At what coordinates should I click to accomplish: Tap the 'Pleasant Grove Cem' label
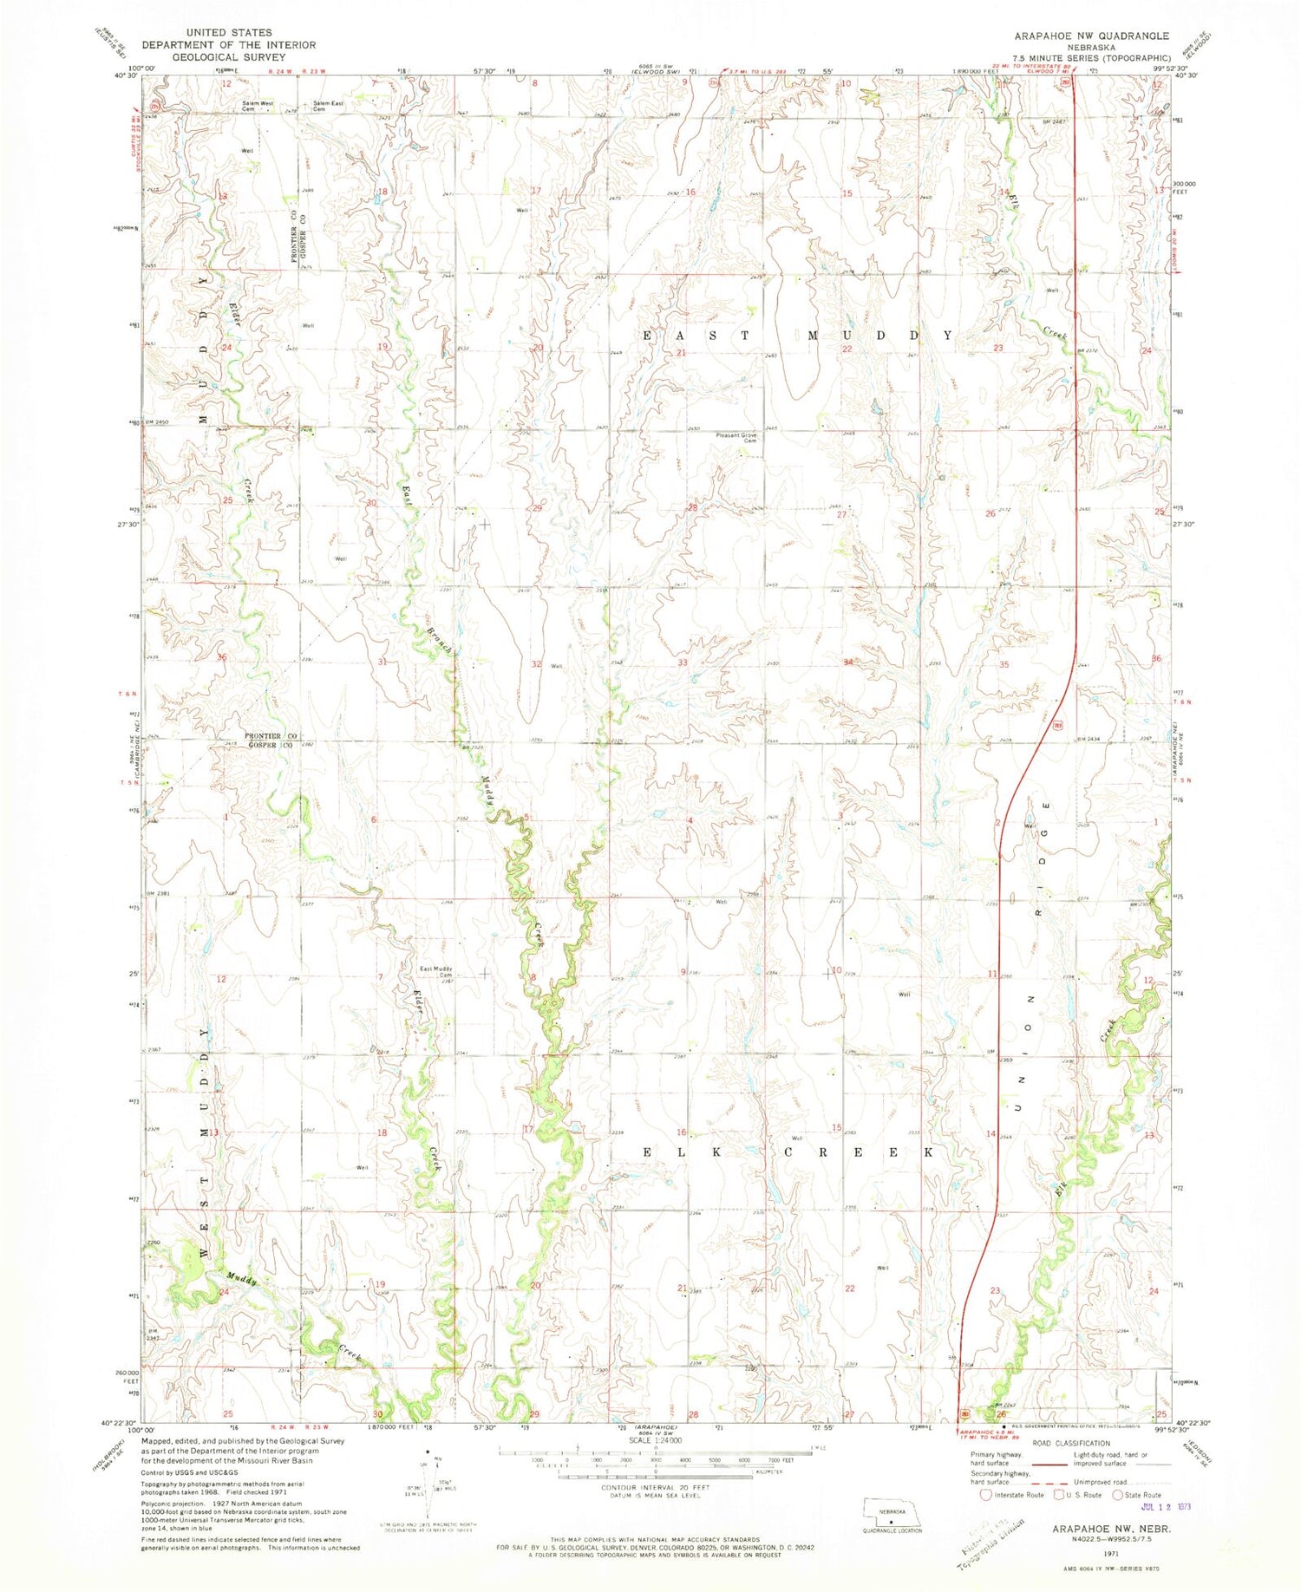tap(737, 437)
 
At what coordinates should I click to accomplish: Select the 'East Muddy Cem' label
tap(437, 972)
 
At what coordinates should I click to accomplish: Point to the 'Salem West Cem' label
tap(258, 106)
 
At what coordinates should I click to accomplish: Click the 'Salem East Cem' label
tap(328, 106)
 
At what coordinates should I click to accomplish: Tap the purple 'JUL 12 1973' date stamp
tap(1162, 1506)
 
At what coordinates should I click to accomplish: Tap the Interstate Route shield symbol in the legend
tap(984, 1494)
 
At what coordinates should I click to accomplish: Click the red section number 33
tap(683, 662)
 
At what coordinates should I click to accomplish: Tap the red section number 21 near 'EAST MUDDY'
tap(681, 353)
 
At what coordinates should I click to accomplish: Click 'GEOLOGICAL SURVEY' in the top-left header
tap(229, 56)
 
